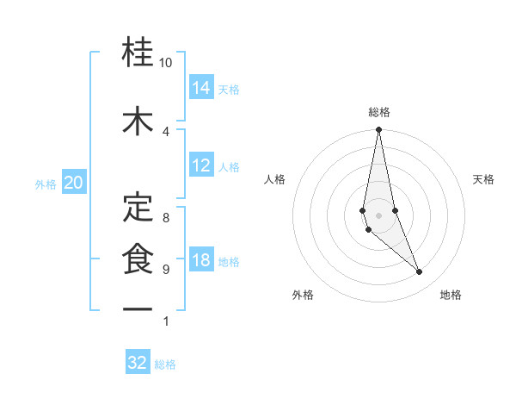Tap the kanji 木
coord(138,121)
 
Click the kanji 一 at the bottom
coord(138,309)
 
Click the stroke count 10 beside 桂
coord(166,64)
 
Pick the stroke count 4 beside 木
coord(166,131)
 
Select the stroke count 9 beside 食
coord(166,270)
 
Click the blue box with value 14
coord(201,87)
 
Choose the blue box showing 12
coord(201,165)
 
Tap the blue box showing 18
coord(201,260)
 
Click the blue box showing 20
coord(74,182)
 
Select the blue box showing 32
coord(138,363)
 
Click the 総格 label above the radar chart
coord(379,112)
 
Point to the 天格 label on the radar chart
coord(483,179)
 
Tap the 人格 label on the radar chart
coord(274,179)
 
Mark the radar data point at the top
coord(379,131)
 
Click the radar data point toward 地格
coord(420,272)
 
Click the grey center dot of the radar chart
coord(379,215)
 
